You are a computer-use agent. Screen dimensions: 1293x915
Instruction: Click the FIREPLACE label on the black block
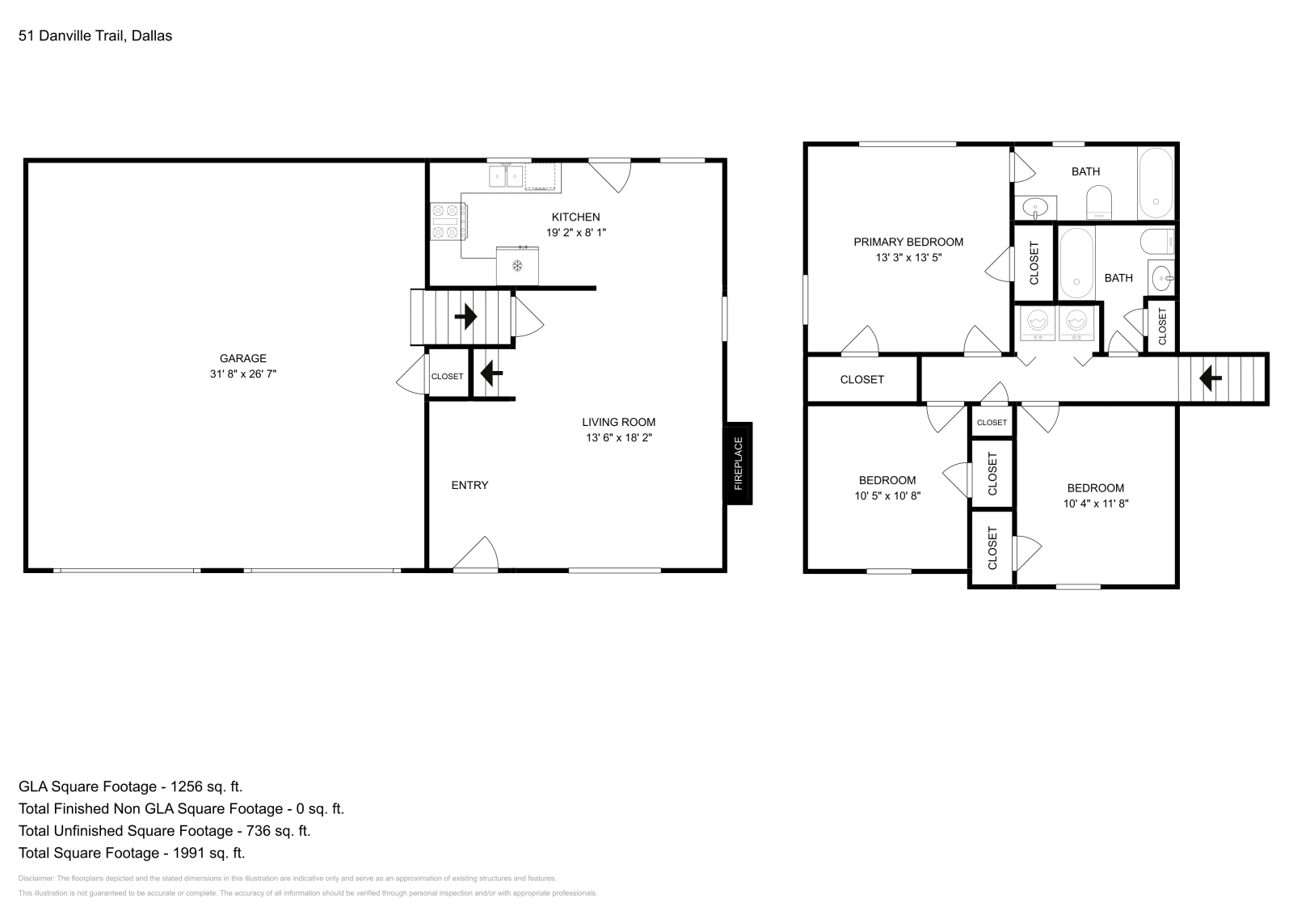[x=739, y=463]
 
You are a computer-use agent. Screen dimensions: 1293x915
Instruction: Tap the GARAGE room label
[x=243, y=359]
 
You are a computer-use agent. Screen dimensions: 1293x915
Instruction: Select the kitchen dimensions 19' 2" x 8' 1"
[x=576, y=233]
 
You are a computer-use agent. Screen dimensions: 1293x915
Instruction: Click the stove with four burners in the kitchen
[x=449, y=221]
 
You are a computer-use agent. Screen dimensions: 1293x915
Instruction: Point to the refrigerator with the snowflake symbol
[x=517, y=266]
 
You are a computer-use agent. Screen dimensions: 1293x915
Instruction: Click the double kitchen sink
[x=506, y=175]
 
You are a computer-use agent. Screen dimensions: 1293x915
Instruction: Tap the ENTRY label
[x=470, y=486]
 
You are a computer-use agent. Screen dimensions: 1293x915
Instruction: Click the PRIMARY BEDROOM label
[x=908, y=242]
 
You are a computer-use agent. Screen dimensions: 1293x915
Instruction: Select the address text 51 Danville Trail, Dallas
[x=95, y=36]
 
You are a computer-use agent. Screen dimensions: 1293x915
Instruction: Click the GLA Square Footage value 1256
[x=187, y=786]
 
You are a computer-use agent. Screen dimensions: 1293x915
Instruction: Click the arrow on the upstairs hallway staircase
[x=1211, y=379]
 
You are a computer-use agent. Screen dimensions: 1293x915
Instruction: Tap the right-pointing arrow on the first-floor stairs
[x=465, y=317]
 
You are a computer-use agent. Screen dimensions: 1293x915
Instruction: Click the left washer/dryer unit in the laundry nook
[x=1038, y=323]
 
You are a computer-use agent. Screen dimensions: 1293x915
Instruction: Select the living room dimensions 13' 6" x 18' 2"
[x=619, y=437]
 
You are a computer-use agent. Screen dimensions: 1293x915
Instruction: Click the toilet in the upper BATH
[x=1099, y=202]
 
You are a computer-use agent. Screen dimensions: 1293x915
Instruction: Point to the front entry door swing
[x=476, y=554]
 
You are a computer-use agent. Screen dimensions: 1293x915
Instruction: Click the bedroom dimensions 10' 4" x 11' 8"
[x=1096, y=504]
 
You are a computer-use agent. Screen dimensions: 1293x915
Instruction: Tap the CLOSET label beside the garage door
[x=448, y=377]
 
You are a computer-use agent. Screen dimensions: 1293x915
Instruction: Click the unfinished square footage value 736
[x=259, y=831]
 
